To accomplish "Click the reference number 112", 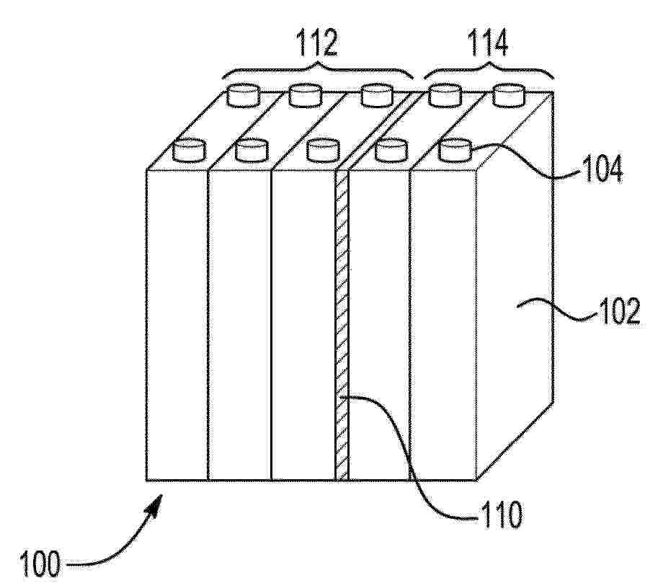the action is click(317, 43).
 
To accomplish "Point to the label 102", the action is click(621, 311).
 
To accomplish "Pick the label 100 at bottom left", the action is click(40, 564).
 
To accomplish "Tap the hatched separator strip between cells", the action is click(342, 325).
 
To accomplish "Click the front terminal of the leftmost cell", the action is click(190, 151).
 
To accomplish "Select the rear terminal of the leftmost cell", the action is click(244, 95).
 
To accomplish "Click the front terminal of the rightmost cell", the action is click(455, 151).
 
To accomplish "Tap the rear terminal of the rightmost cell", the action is click(509, 95).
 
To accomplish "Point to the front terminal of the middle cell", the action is click(323, 151).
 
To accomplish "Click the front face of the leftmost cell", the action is click(177, 325).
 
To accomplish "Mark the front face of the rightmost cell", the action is click(443, 325).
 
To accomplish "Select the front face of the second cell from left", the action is click(239, 325).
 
